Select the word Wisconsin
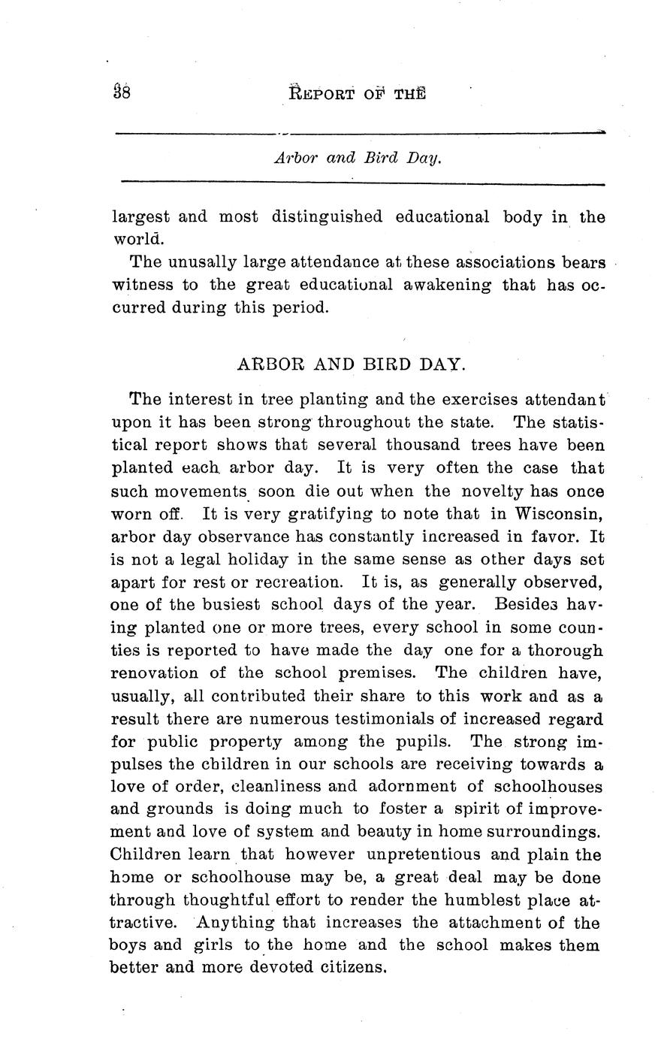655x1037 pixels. [x=558, y=513]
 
